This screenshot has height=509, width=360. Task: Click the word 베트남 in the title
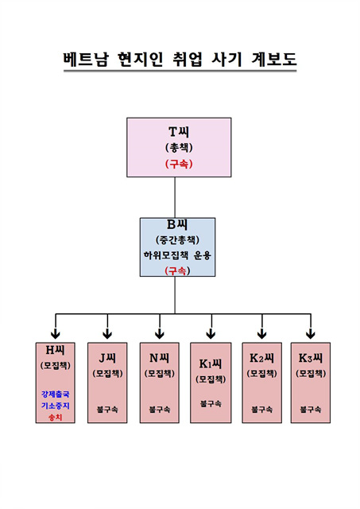point(85,59)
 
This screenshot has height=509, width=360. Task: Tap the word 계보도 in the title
point(273,59)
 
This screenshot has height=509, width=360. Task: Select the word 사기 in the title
point(226,59)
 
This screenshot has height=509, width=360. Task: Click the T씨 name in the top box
point(179,132)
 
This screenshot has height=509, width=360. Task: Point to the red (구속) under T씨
point(179,164)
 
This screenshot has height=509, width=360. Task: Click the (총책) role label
point(179,148)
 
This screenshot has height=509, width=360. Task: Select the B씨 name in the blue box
point(177,224)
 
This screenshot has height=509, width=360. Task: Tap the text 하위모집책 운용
point(177,255)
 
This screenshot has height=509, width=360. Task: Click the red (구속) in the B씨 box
point(177,270)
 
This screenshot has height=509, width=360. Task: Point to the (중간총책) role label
point(177,240)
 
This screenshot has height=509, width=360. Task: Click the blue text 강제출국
point(55,394)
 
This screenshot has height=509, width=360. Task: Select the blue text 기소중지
point(55,406)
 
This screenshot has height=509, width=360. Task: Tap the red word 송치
point(55,417)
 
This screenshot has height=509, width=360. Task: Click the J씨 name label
point(107,358)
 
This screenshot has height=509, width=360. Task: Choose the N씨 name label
point(159,358)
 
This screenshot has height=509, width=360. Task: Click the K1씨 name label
point(211,363)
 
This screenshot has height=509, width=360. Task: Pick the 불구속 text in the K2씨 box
point(261,410)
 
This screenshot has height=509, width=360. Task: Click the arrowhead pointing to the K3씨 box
point(311,334)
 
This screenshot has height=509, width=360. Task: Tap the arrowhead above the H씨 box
point(56,334)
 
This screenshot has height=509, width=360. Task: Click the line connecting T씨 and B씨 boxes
point(175,197)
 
